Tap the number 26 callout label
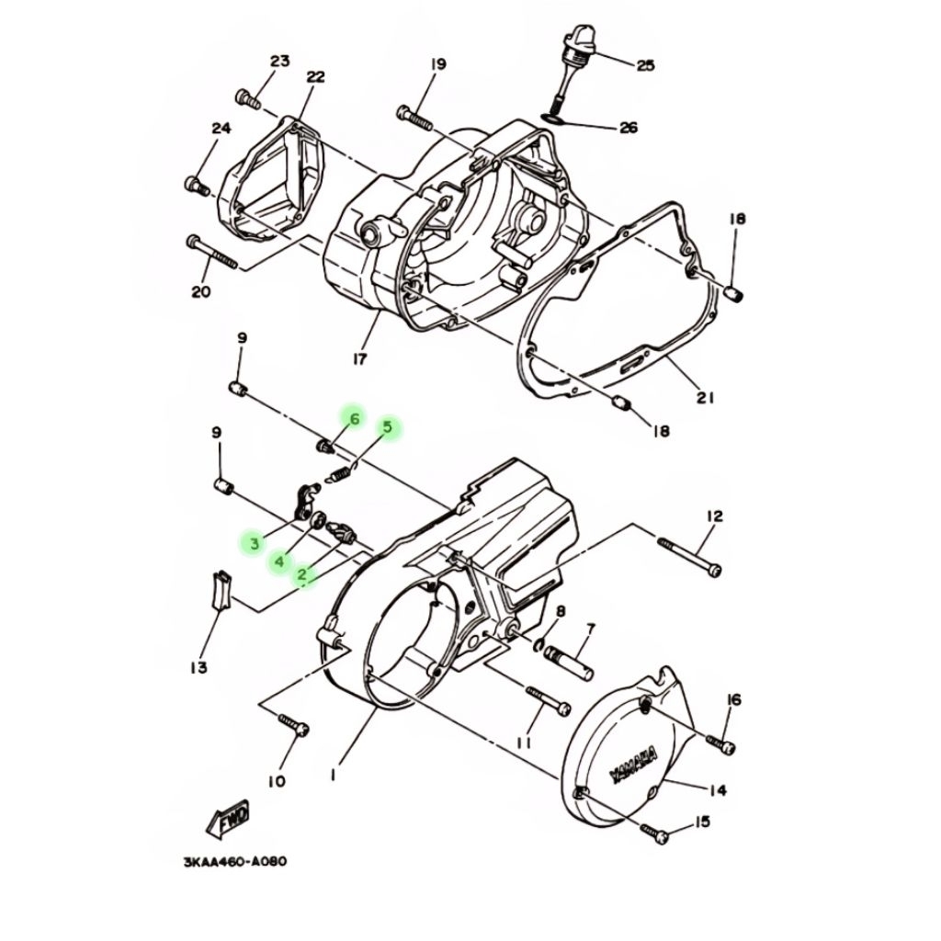pyautogui.click(x=629, y=128)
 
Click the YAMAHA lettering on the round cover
pyautogui.click(x=633, y=767)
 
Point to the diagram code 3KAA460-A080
pyautogui.click(x=235, y=862)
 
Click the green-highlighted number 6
pyautogui.click(x=355, y=418)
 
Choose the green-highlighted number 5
pyautogui.click(x=388, y=428)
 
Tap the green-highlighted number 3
pyautogui.click(x=255, y=544)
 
